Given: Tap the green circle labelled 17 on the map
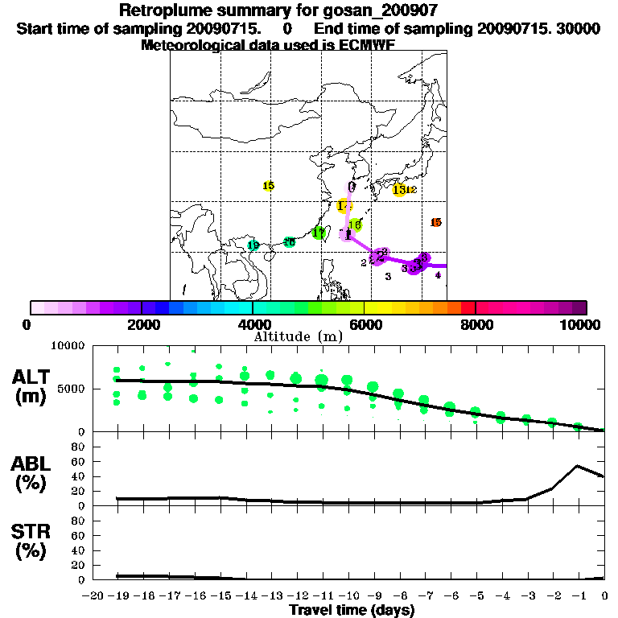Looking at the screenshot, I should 319,233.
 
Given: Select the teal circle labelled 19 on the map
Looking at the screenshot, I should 253,245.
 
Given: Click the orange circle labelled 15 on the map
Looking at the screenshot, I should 436,222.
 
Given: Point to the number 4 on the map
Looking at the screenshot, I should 438,275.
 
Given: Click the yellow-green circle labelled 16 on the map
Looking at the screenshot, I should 355,225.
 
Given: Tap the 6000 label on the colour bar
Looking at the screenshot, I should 364,325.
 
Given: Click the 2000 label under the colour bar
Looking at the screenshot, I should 142,325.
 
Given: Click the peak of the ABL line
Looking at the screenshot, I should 577,465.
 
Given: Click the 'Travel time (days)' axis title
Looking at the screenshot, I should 352,610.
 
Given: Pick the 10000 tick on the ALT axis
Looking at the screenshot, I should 69,346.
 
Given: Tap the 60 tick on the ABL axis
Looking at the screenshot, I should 79,461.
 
